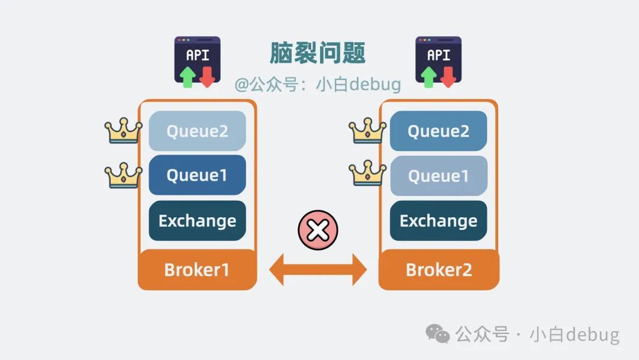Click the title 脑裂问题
coord(318,53)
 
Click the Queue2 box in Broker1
coord(197,131)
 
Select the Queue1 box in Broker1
coord(197,175)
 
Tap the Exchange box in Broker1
coord(197,221)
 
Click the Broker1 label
coord(197,270)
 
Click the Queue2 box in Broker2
coord(438,131)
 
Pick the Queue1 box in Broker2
coord(438,176)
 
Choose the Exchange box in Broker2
coord(438,221)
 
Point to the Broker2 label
coord(438,270)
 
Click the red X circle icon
coord(318,230)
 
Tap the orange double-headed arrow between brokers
coord(318,270)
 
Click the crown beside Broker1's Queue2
coord(123,131)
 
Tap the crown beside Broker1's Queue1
coord(123,175)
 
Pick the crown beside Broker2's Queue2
coord(367,131)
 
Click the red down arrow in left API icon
coord(206,77)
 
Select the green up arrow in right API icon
coord(429,77)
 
